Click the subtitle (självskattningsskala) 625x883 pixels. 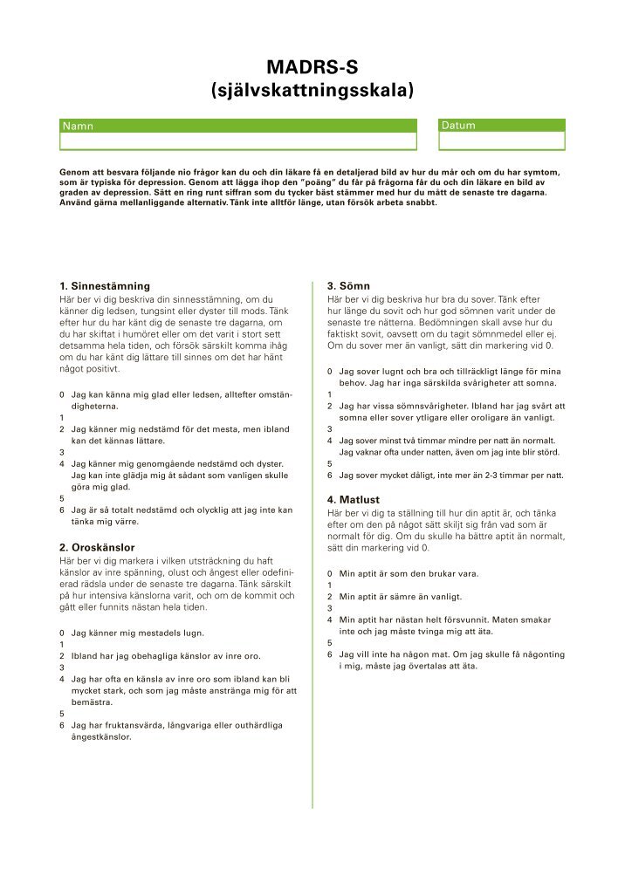[x=312, y=89]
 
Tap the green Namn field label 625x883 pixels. [x=78, y=126]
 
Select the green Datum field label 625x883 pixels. [x=459, y=126]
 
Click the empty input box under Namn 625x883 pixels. [x=238, y=141]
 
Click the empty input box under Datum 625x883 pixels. [x=502, y=141]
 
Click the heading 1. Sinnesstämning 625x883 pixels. [x=104, y=285]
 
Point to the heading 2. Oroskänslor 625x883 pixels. [x=96, y=547]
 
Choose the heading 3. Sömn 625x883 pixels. [x=348, y=285]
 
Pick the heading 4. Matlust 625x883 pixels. [x=353, y=499]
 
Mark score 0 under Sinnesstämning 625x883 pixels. [x=62, y=395]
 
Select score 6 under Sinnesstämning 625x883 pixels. [x=62, y=510]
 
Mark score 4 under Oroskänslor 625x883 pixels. [x=62, y=678]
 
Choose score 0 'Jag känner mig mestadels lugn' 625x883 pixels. [x=62, y=632]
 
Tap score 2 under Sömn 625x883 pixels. [x=330, y=406]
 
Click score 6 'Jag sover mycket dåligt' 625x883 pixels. [x=330, y=476]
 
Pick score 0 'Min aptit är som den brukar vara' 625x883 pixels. [x=330, y=573]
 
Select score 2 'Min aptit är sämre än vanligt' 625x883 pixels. [x=330, y=597]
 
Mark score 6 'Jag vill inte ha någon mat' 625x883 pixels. [x=330, y=654]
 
